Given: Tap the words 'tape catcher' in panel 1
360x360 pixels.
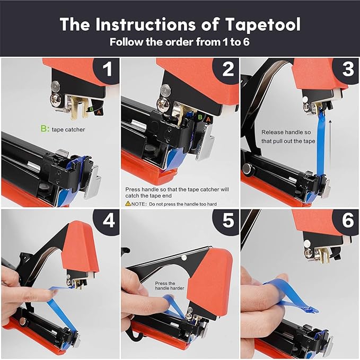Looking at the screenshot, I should (69, 129).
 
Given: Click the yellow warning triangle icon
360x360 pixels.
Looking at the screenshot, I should (128, 204).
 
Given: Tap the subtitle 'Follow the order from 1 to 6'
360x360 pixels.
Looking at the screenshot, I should (180, 41).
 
